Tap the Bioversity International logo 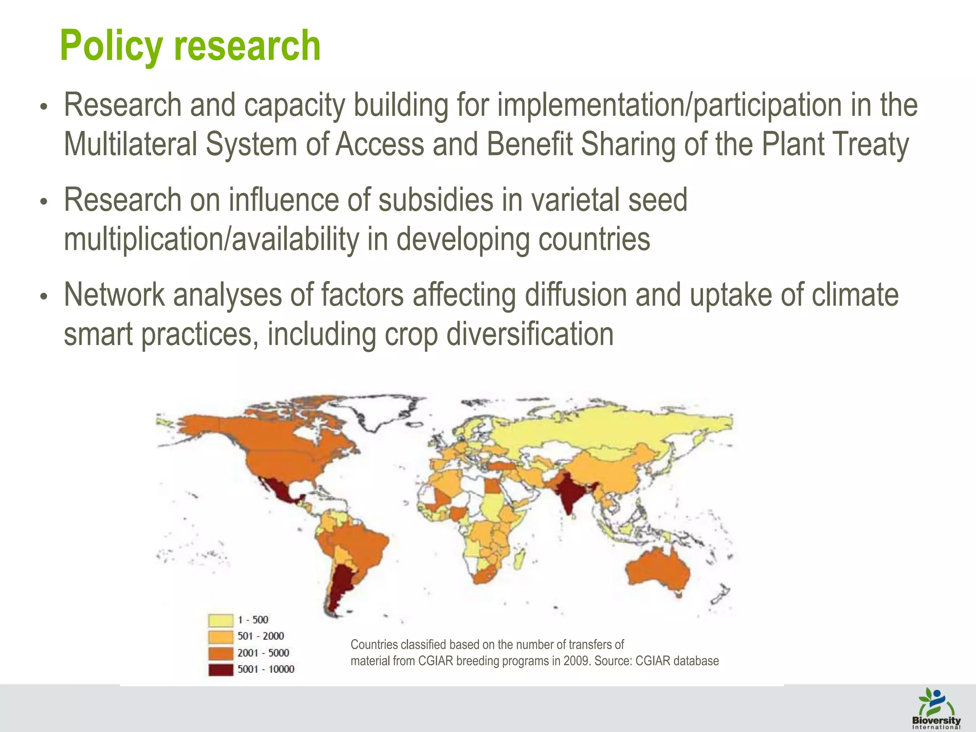[936, 709]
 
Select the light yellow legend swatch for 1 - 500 [221, 620]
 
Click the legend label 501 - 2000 [261, 636]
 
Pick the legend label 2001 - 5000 [263, 653]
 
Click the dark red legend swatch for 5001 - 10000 [221, 670]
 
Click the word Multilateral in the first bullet [131, 144]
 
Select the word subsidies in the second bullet [436, 200]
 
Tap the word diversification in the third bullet [530, 335]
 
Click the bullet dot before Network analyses [44, 296]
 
